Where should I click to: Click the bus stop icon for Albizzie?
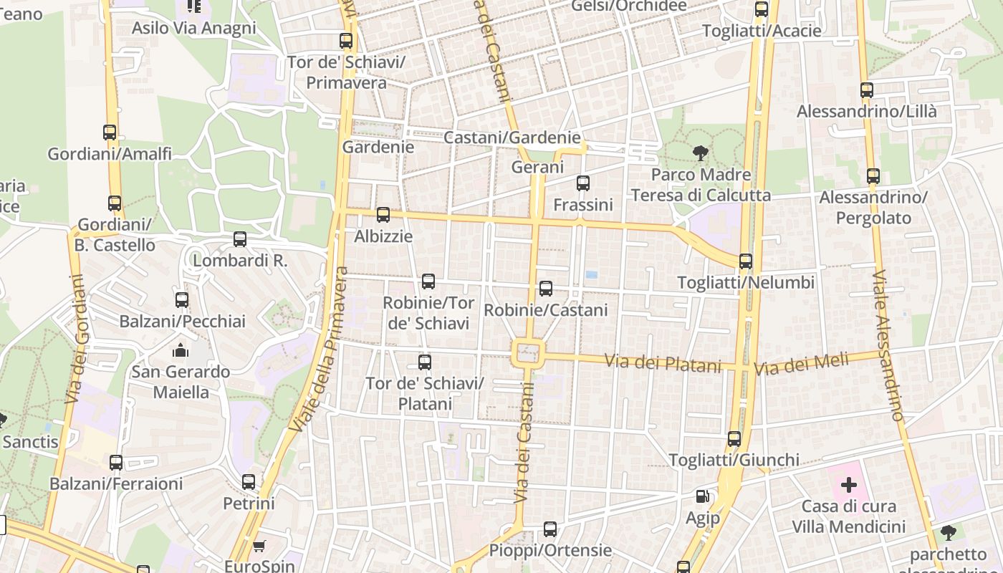(383, 214)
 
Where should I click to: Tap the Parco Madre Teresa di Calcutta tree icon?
(700, 153)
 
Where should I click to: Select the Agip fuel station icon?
(703, 496)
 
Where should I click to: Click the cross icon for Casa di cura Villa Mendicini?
(848, 485)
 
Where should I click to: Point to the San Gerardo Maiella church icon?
(181, 350)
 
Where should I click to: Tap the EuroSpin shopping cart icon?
(259, 546)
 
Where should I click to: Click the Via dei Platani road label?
(663, 363)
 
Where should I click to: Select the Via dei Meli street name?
(801, 365)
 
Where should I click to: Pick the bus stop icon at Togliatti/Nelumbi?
(746, 261)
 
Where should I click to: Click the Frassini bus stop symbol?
(583, 183)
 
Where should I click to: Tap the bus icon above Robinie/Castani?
(546, 289)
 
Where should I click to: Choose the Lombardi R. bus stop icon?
(240, 239)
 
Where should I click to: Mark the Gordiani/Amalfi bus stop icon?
(110, 133)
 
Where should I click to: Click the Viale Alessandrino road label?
(889, 345)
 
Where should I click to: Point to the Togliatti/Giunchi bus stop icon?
(734, 438)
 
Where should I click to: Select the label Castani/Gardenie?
(512, 137)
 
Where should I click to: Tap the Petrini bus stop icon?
(249, 482)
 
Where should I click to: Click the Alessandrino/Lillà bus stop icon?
(867, 90)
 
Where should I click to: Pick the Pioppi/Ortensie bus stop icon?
(550, 529)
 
